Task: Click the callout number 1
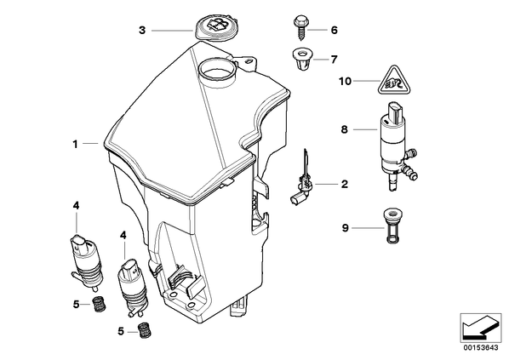click(75, 144)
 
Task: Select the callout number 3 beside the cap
click(142, 31)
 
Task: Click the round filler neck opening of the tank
click(216, 70)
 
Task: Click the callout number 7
click(334, 60)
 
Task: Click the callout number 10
click(345, 81)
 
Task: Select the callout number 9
click(345, 228)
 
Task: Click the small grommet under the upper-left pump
click(98, 304)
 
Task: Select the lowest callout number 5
click(121, 332)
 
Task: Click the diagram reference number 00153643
click(480, 348)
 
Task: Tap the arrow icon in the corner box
click(481, 329)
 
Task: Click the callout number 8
click(344, 130)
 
